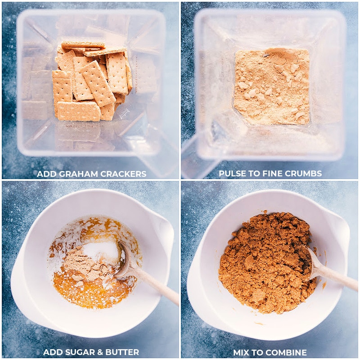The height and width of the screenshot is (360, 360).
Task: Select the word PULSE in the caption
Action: [232, 174]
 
